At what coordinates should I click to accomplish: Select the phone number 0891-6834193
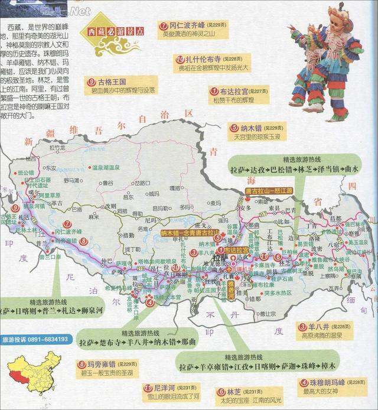click(x=46, y=339)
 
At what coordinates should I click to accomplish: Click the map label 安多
click(x=246, y=208)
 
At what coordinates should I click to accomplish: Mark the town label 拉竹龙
click(x=57, y=147)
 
